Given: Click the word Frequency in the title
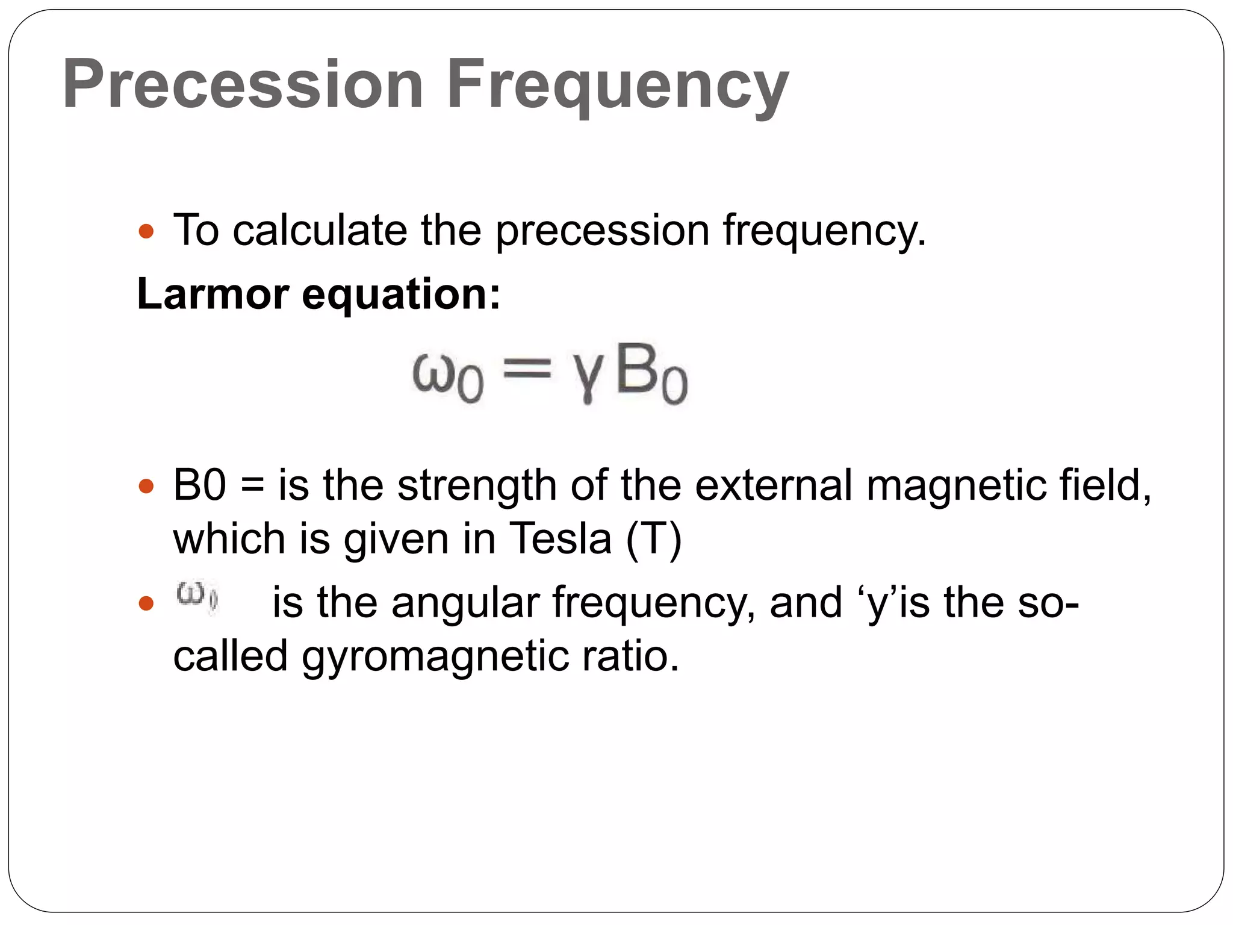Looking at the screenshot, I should click(617, 86).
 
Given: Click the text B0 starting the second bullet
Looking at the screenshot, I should click(199, 485).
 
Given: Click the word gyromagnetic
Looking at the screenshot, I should click(435, 656).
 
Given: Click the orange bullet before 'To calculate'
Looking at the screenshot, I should click(146, 231).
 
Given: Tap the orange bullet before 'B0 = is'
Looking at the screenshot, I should click(146, 485).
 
